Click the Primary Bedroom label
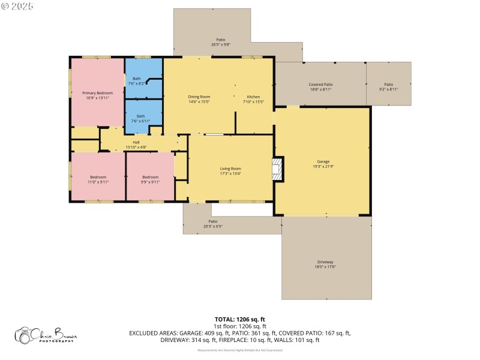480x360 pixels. pos(97,95)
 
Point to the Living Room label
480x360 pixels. pos(230,171)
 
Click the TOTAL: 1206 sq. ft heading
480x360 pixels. pos(239,319)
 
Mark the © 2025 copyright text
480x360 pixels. pos(18,5)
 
